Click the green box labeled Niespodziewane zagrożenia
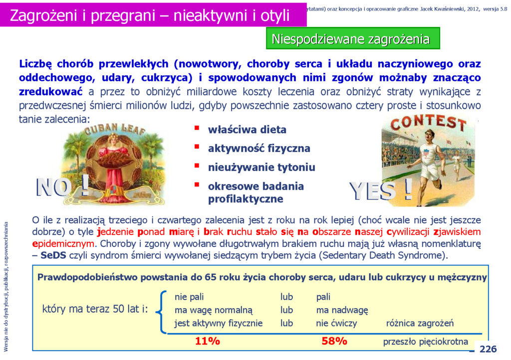click(x=353, y=38)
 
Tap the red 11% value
click(x=207, y=341)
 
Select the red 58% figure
click(x=334, y=341)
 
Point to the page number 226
click(x=488, y=349)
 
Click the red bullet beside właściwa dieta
click(x=197, y=128)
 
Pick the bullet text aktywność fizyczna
click(x=259, y=149)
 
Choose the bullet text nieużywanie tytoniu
click(x=261, y=168)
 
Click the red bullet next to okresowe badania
click(x=197, y=184)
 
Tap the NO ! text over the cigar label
click(x=62, y=186)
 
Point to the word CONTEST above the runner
click(x=428, y=123)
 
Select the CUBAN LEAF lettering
click(x=115, y=129)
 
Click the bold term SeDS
click(x=53, y=255)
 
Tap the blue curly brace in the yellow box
click(x=162, y=312)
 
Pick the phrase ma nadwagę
click(x=342, y=310)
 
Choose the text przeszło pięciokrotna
click(x=425, y=342)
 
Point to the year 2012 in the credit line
click(x=473, y=9)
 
